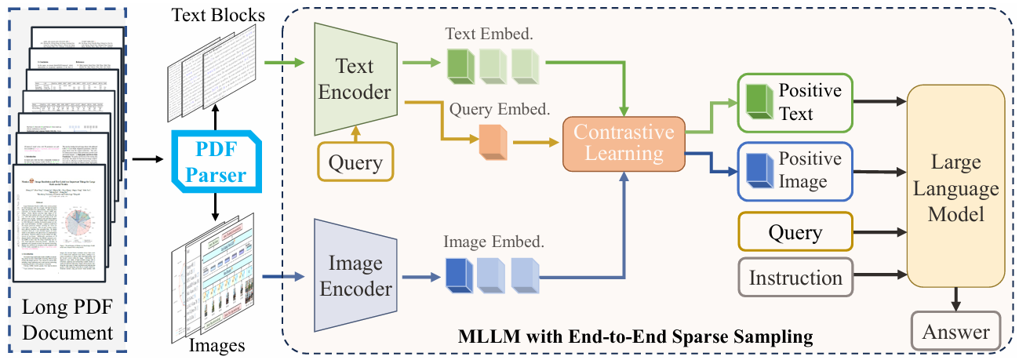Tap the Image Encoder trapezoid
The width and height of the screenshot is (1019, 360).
click(353, 276)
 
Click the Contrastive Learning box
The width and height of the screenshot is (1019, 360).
click(624, 144)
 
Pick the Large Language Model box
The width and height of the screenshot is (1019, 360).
click(955, 189)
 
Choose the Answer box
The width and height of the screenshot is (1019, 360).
click(955, 332)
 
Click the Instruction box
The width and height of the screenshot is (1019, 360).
click(795, 278)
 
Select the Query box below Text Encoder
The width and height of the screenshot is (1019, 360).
click(355, 163)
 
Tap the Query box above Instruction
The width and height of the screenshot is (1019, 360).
click(795, 233)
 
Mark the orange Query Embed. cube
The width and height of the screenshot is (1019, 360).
click(492, 143)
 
